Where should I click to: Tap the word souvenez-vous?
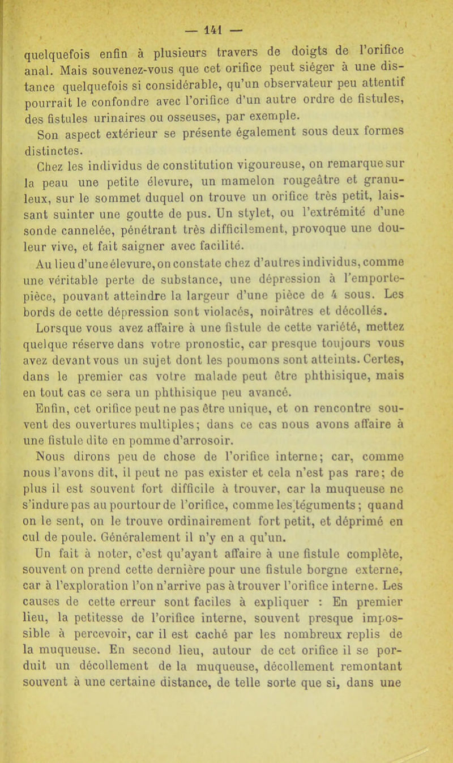132,57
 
